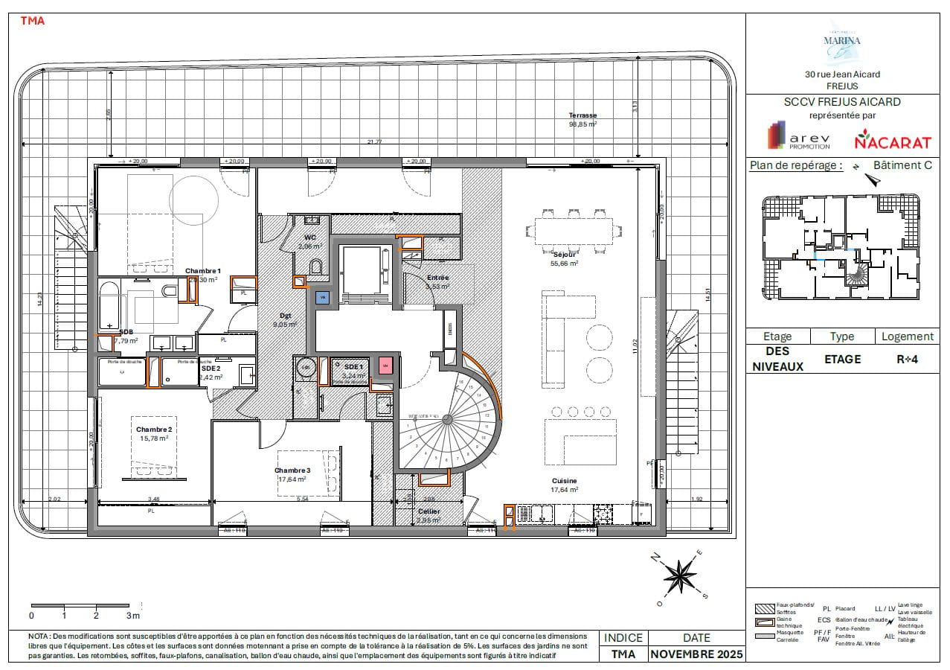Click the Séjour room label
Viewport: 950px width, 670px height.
coord(563,254)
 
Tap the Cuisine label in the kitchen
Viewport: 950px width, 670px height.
coord(564,481)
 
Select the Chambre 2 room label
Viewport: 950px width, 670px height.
coord(154,430)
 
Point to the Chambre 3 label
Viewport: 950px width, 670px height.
coord(292,470)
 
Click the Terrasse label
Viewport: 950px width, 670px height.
coord(582,115)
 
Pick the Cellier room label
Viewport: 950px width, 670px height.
coord(429,511)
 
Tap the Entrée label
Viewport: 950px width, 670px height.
coord(437,278)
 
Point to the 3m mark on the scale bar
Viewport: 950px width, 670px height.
coord(132,615)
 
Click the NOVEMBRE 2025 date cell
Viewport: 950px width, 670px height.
coord(696,654)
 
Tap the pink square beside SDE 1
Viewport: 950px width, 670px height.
coord(385,366)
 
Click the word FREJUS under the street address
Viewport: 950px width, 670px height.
coord(842,86)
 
